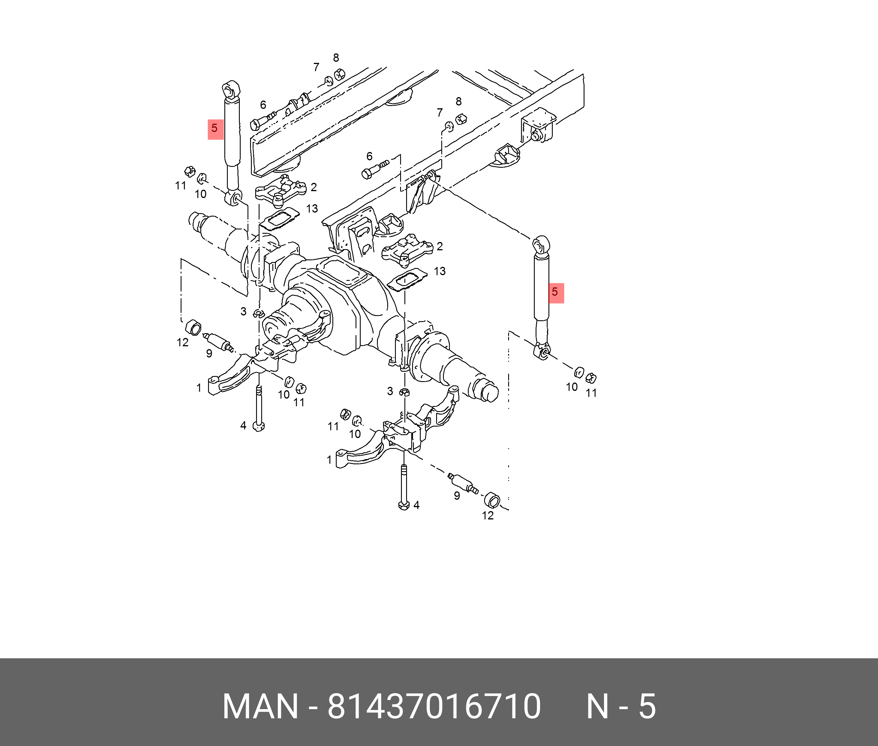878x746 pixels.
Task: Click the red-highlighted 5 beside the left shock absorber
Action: pyautogui.click(x=215, y=129)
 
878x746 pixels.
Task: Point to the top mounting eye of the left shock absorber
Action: pyautogui.click(x=230, y=90)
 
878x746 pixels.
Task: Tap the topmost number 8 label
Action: pyautogui.click(x=336, y=57)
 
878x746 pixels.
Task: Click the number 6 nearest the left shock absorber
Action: pyautogui.click(x=263, y=105)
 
